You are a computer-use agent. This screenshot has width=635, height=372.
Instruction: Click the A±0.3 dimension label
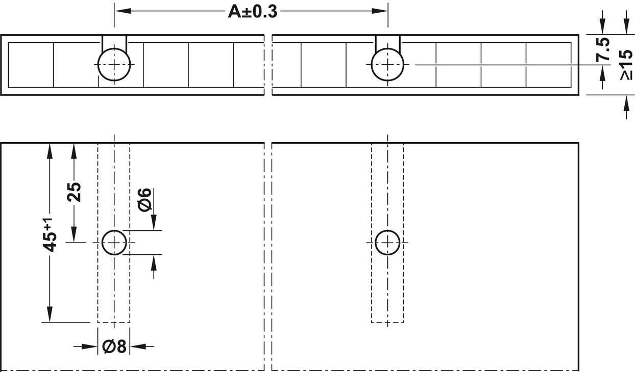253,12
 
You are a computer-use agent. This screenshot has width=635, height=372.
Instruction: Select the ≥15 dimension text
626,65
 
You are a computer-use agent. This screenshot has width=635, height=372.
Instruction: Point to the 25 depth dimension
74,192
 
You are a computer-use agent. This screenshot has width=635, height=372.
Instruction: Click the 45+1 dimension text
50,235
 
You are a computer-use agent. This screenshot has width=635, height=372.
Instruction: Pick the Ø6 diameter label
145,200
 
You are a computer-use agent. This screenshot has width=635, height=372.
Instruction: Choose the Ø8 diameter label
114,346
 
